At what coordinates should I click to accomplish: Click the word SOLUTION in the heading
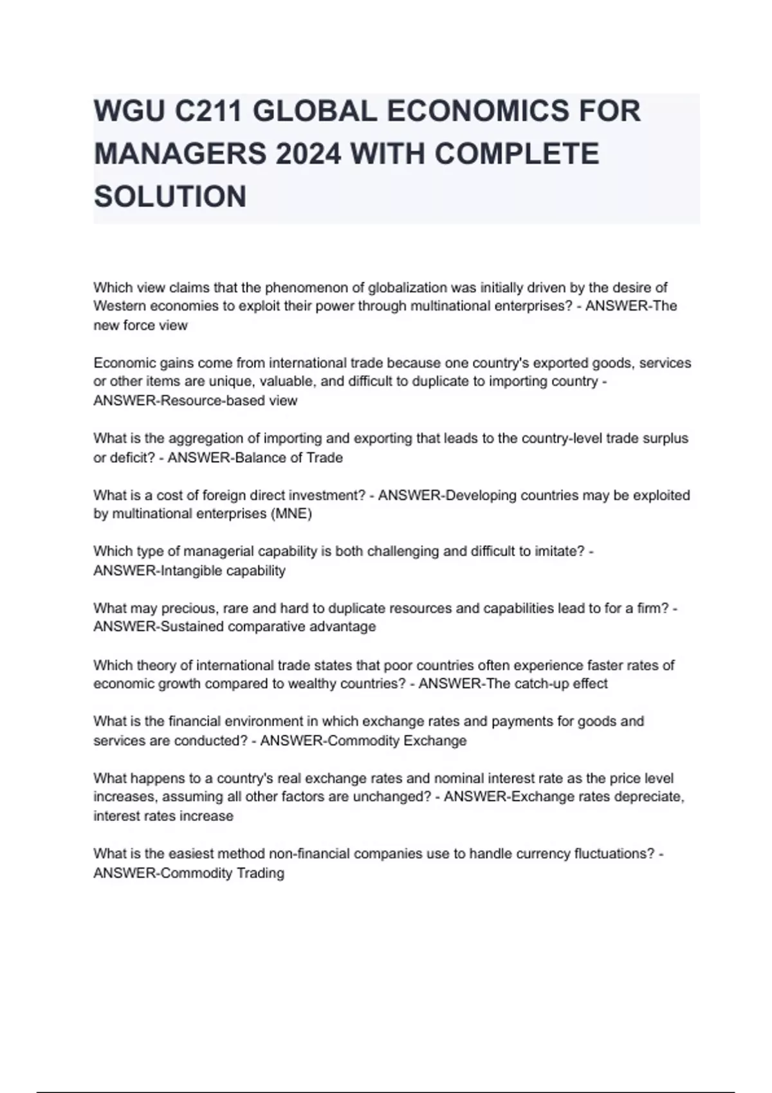[170, 196]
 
